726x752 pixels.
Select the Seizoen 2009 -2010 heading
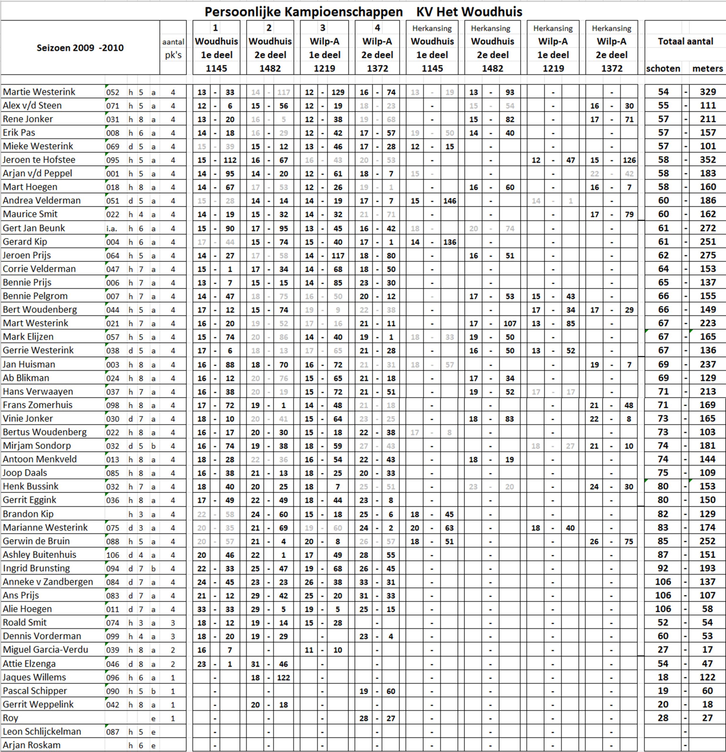[80, 48]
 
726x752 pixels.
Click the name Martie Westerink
[39, 92]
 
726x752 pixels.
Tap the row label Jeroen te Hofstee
[39, 160]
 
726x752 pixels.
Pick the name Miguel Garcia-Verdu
[45, 649]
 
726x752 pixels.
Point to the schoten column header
[663, 69]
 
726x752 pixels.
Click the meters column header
[707, 69]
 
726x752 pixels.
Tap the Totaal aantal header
[685, 41]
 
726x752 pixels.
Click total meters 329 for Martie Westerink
[707, 92]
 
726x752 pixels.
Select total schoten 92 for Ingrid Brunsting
[663, 568]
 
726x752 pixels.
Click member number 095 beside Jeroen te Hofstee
[113, 160]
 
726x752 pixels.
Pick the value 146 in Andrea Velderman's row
[449, 201]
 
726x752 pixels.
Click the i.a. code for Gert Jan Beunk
[112, 229]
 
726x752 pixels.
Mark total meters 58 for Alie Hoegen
[707, 609]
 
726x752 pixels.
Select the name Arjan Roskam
[31, 745]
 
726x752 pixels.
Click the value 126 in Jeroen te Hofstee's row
[629, 160]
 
